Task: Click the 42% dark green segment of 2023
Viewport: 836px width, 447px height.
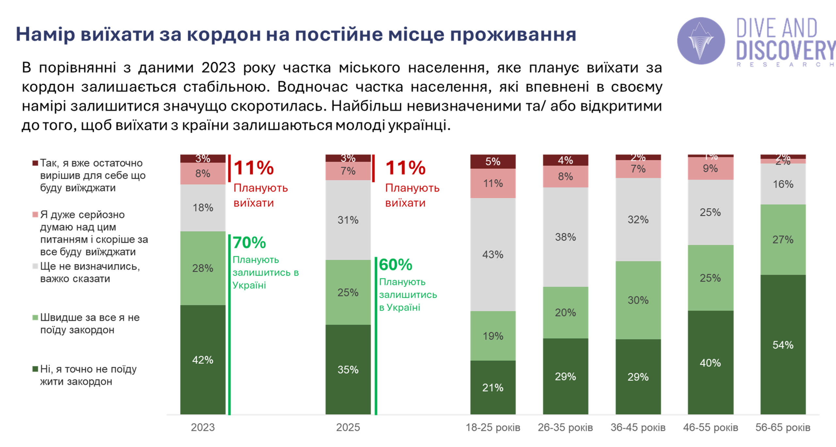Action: point(202,360)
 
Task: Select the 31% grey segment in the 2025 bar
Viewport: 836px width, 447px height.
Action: point(348,220)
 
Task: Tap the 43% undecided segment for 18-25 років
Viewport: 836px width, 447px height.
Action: point(493,254)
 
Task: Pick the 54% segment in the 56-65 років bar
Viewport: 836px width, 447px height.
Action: point(783,345)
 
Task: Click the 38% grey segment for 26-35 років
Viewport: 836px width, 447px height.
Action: point(565,237)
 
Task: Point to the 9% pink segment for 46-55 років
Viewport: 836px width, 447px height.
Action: point(710,168)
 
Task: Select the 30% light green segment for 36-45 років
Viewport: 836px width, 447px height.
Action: point(638,300)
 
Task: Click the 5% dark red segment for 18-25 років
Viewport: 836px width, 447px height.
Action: point(493,161)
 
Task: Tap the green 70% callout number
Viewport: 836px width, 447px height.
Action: point(249,242)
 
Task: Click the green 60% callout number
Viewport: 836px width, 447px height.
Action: point(395,264)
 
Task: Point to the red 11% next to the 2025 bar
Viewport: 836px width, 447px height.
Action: point(406,168)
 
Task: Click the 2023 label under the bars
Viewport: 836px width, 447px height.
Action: point(203,427)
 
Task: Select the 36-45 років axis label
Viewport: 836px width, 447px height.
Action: point(638,427)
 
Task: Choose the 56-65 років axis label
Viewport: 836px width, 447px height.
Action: point(783,427)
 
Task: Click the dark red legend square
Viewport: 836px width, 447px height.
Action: point(35,163)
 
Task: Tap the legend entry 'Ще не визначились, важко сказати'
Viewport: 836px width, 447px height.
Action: point(90,272)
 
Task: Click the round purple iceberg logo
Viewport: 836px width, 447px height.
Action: point(701,41)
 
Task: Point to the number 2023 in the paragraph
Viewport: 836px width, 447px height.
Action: point(218,68)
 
